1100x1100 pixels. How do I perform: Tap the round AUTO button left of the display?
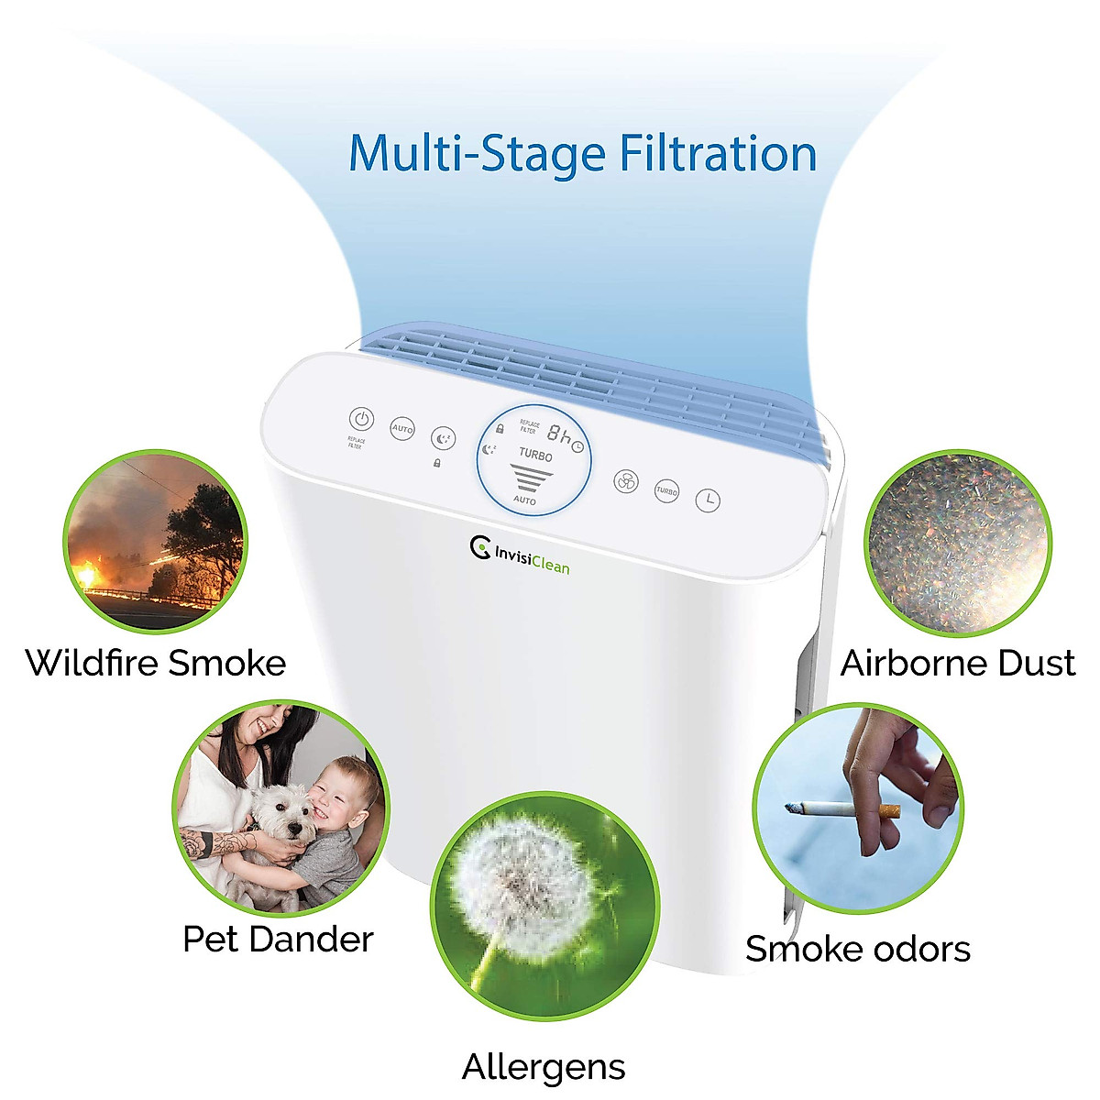point(402,428)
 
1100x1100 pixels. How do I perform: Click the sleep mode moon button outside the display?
point(444,439)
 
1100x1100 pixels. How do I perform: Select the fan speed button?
point(625,482)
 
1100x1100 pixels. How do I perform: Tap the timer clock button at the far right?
point(708,500)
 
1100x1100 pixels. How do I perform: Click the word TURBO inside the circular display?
point(535,454)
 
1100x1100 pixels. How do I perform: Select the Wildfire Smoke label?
point(156,663)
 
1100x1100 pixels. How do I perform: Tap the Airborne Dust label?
point(957,663)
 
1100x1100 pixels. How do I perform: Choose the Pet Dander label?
point(278,939)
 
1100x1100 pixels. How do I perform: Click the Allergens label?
point(544,1067)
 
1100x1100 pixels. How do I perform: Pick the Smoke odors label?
point(857,949)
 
